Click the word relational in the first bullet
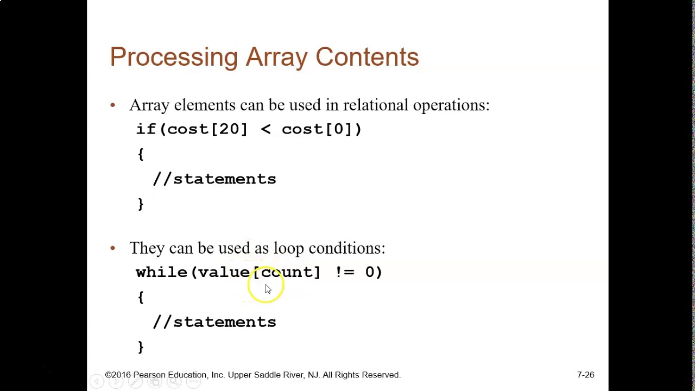376,105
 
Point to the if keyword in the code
146,129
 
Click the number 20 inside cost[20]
229,129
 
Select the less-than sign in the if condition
266,129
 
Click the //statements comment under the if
214,179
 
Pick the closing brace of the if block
141,204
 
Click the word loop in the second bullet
288,248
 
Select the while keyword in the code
161,272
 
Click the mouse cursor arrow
267,288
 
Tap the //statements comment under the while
214,321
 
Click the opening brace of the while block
141,297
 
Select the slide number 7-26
585,375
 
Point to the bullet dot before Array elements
113,105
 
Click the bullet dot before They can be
113,248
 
